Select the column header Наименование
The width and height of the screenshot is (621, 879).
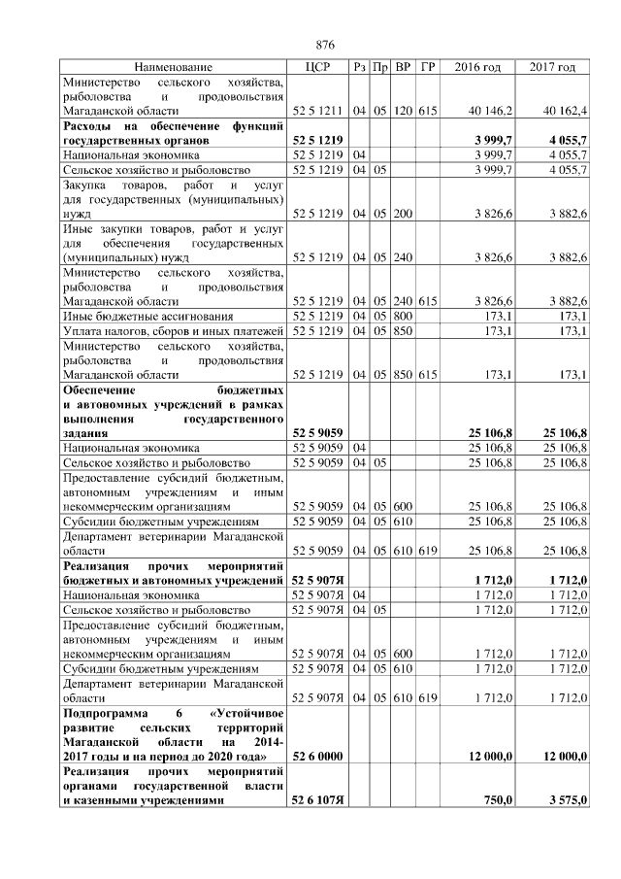(x=173, y=67)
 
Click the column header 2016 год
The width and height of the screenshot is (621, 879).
(x=477, y=67)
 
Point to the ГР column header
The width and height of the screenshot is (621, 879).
(x=427, y=67)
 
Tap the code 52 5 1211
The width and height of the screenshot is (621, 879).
(x=315, y=112)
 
